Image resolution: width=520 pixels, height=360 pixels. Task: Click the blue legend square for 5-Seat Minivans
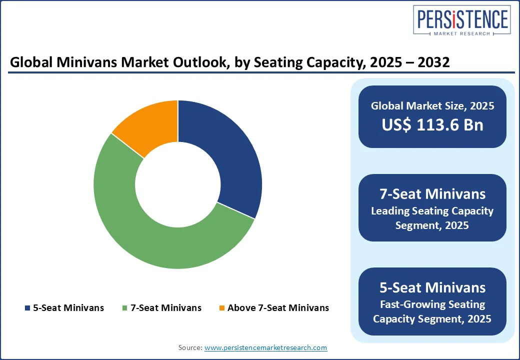[x=27, y=308]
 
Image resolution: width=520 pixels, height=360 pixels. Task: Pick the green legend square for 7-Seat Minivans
[x=124, y=308]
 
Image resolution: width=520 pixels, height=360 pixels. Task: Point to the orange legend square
[x=222, y=308]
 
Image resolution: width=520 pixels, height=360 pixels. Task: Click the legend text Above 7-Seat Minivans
[x=278, y=308]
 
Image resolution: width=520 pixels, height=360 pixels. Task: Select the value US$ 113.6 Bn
[x=432, y=124]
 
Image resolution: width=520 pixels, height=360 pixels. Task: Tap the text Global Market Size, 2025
[x=432, y=105]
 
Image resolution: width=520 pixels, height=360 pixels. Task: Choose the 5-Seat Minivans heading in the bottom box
[x=432, y=287]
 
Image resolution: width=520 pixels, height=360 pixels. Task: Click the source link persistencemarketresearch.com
[x=265, y=347]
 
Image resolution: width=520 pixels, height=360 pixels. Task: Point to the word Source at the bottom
[x=190, y=347]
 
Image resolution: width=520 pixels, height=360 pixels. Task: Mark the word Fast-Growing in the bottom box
[x=404, y=304]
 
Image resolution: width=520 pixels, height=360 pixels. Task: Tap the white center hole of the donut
[x=178, y=184]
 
